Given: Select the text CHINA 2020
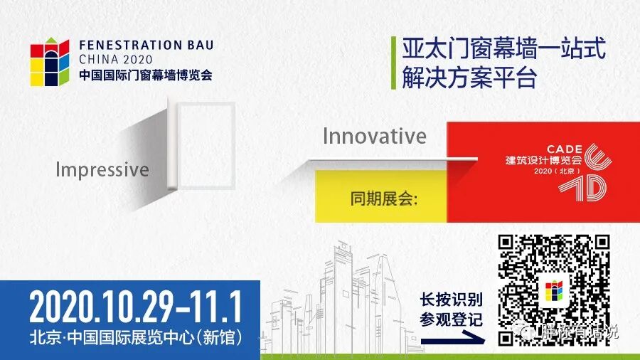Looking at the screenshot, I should click(x=112, y=59).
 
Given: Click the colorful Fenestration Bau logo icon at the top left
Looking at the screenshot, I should click(x=50, y=63).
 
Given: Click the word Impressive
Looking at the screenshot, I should click(x=102, y=170).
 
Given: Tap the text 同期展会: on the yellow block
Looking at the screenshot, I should click(x=384, y=197).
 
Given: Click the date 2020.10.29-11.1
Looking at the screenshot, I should click(x=135, y=307).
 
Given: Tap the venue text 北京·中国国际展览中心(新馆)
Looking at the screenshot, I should click(x=135, y=336).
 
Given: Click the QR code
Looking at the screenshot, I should click(x=554, y=290).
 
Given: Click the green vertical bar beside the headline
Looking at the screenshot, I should click(x=393, y=63).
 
